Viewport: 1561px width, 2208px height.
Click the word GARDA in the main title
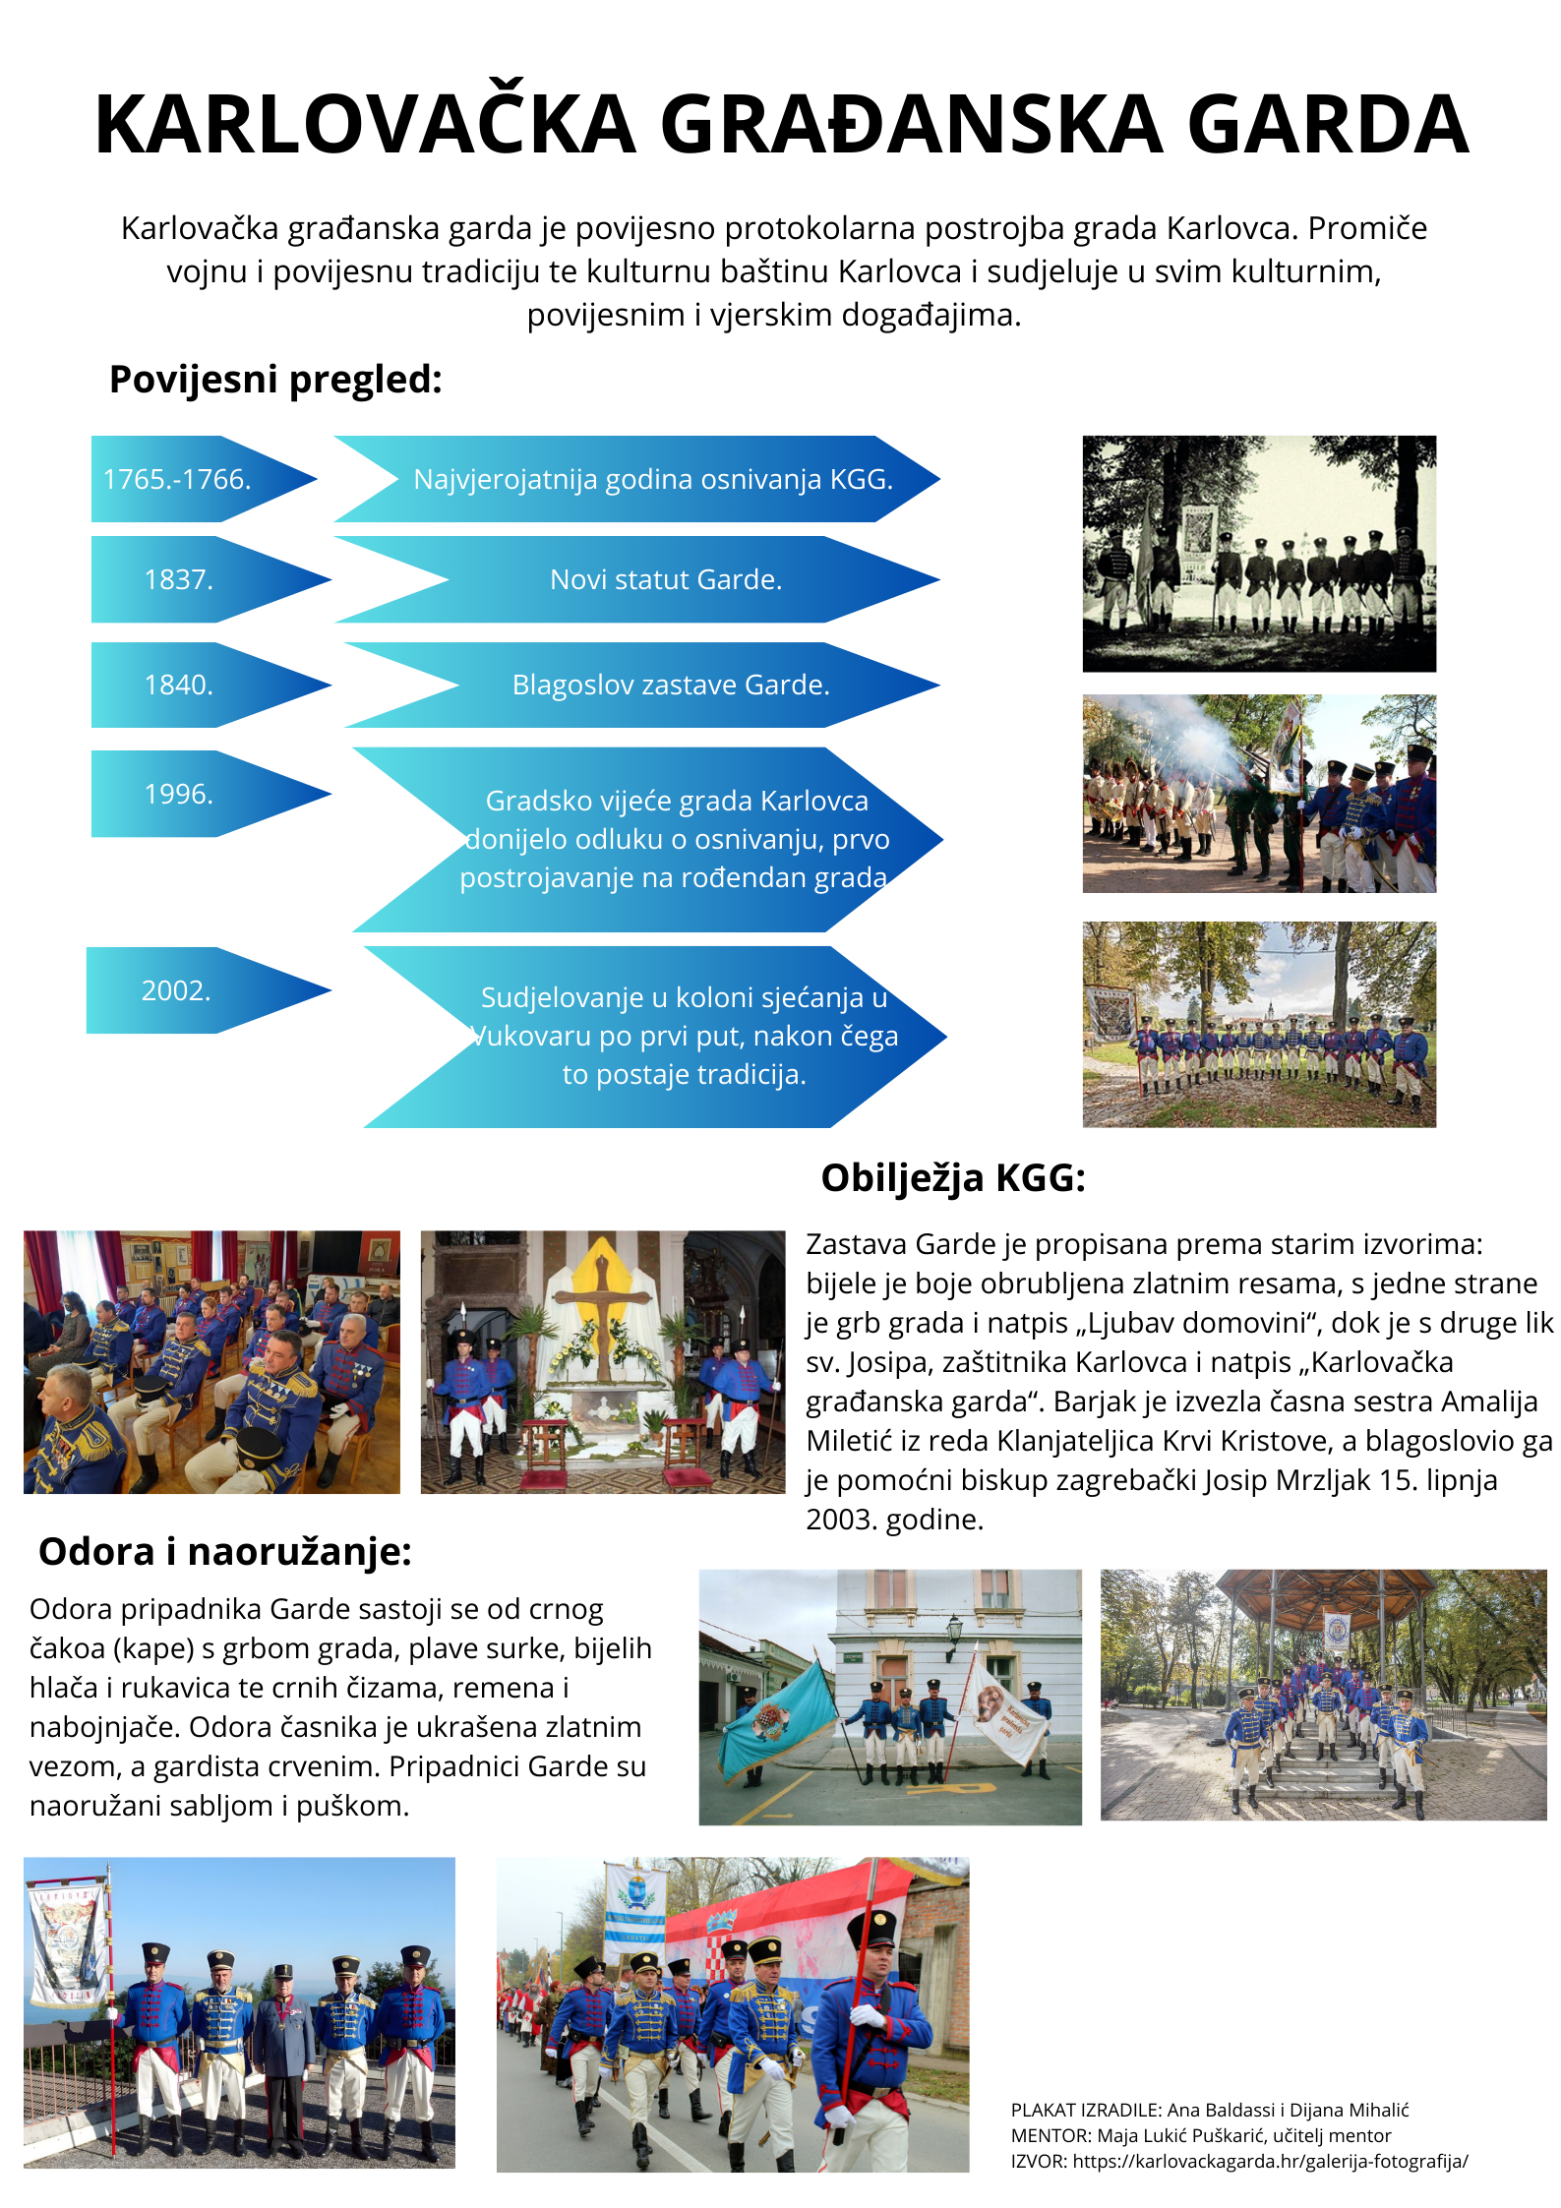tap(1329, 125)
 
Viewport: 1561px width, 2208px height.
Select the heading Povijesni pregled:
tap(275, 380)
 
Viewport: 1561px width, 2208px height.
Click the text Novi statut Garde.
tap(666, 579)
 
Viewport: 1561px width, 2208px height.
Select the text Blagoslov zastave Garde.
tap(671, 685)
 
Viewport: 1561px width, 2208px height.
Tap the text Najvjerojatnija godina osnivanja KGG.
tap(653, 479)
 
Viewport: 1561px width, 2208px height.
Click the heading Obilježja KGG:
tap(953, 1177)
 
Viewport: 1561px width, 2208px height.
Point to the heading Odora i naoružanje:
tap(225, 1551)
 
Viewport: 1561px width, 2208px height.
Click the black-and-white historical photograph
tap(1259, 554)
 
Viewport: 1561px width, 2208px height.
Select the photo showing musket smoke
tap(1259, 794)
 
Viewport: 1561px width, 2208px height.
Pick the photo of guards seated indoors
tap(211, 1362)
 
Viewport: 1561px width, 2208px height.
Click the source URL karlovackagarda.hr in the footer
tap(1270, 2161)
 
